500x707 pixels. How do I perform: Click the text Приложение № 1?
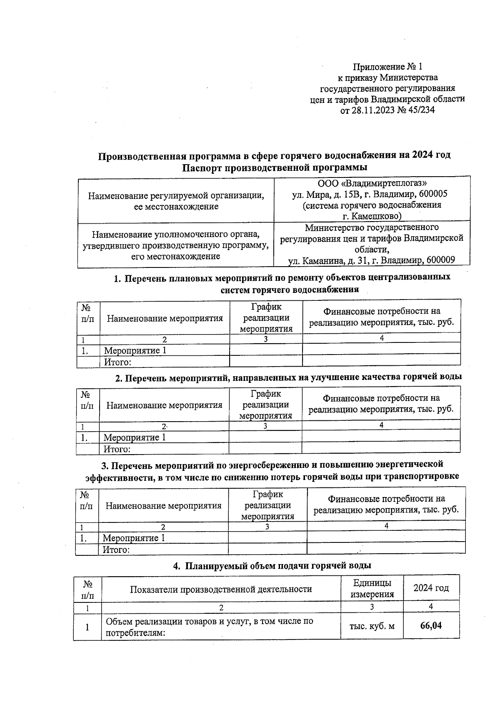point(387,67)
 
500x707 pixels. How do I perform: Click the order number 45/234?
point(419,110)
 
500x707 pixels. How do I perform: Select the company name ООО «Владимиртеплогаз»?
point(372,183)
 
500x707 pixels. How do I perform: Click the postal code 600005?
point(433,194)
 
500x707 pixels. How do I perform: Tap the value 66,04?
point(431,626)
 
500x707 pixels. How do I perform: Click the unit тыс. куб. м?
point(372,626)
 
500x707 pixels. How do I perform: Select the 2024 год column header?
point(431,588)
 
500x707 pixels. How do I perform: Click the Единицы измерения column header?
point(372,588)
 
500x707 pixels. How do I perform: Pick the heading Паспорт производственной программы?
point(275,168)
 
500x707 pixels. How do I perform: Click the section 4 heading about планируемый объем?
point(272,566)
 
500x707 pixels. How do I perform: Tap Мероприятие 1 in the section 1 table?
point(135,350)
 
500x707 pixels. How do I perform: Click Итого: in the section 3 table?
point(116,550)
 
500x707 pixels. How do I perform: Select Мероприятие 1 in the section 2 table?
point(135,437)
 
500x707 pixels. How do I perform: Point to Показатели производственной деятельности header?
point(221,589)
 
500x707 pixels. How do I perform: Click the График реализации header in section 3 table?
point(267,505)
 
